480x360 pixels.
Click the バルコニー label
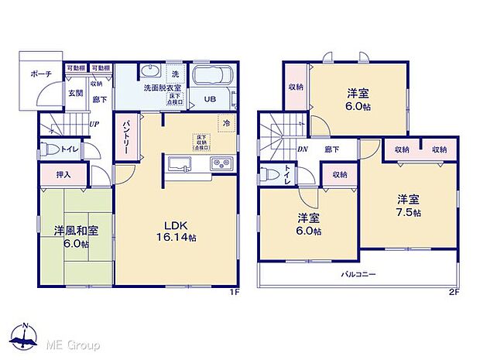(357, 274)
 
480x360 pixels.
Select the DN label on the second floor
(303, 149)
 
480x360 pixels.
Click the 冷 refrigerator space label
(227, 123)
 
